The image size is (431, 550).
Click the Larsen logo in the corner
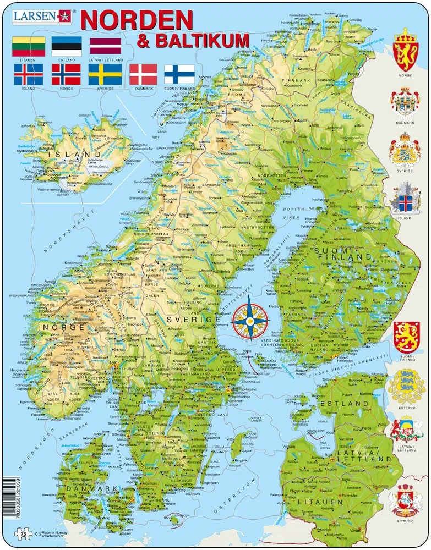coord(36,16)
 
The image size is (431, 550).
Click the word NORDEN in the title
coord(137,20)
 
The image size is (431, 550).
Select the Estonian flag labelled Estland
coord(66,46)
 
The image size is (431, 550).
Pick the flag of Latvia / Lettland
coord(105,46)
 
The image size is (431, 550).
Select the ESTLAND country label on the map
coord(348,404)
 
